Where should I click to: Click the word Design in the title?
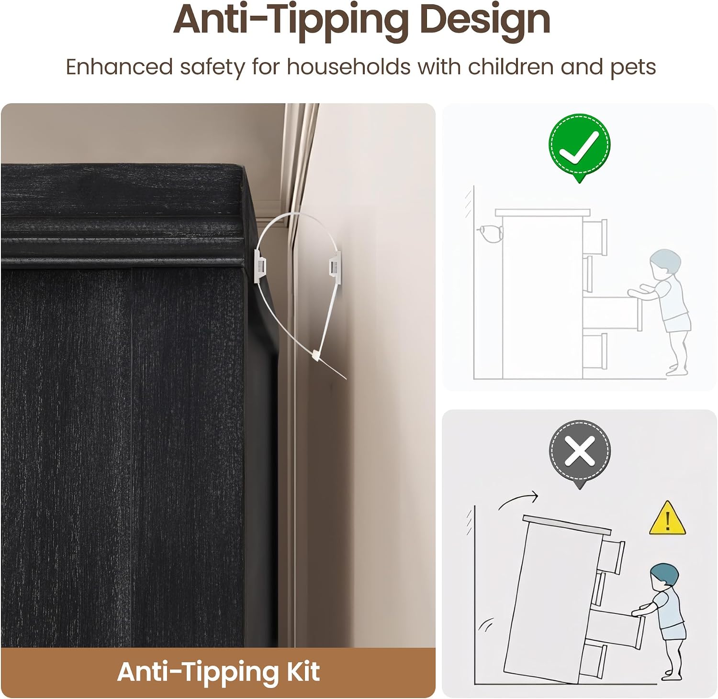485,20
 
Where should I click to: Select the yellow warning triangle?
667,518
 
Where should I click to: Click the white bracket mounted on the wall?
334,264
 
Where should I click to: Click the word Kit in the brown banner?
303,671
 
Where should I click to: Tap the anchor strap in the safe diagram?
490,233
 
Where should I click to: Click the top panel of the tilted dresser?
567,524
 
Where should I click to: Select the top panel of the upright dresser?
543,212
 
